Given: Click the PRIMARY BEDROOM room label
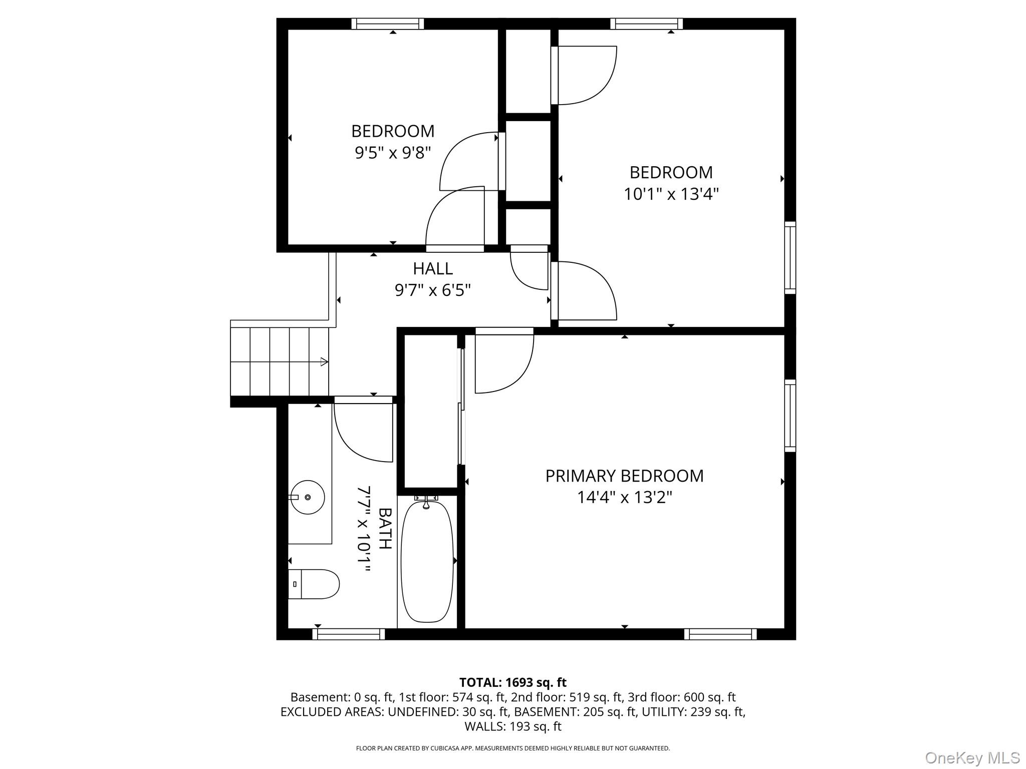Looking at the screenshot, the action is (624, 476).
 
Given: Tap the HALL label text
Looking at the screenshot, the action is (433, 269).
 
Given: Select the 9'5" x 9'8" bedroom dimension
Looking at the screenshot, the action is (393, 152).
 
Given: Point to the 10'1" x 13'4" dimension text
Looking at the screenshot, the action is (671, 194).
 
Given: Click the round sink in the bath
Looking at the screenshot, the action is (308, 497).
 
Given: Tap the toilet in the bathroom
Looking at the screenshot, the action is (314, 584).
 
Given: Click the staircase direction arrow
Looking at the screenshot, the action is (324, 361).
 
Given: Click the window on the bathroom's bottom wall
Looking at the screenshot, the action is (349, 634).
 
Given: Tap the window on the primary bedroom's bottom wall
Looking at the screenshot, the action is (720, 634).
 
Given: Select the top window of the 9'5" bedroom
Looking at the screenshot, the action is (388, 24).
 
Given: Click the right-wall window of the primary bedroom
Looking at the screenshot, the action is (790, 416).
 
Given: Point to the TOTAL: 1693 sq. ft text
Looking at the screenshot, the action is (513, 682).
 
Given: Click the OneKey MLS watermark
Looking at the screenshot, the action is (972, 758).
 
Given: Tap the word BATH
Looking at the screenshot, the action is (385, 528).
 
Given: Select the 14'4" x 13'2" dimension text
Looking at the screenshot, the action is (624, 497).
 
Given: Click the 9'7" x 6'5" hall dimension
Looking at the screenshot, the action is (433, 290).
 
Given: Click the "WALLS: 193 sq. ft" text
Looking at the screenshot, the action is (513, 726).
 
